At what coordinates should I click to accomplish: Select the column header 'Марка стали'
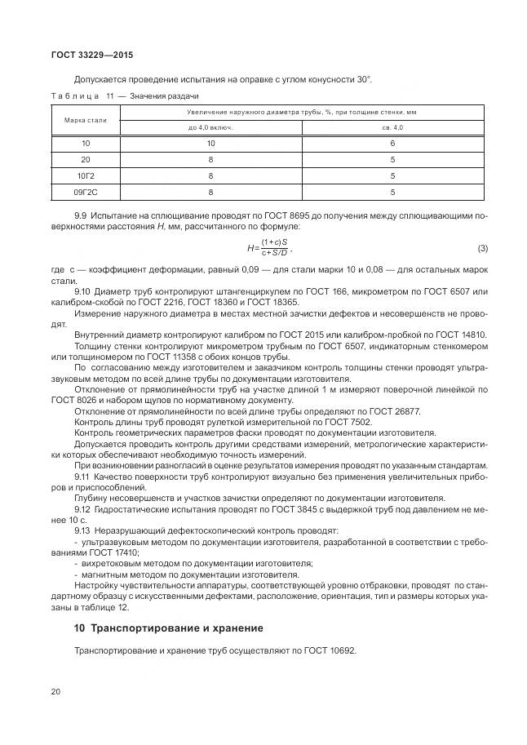[x=86, y=120]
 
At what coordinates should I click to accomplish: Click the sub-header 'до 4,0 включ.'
[x=210, y=128]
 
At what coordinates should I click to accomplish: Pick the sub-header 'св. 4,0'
[x=393, y=128]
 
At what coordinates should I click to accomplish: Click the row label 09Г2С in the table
[x=86, y=192]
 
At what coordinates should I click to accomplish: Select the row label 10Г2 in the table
[x=86, y=175]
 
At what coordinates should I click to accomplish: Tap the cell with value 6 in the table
[x=393, y=143]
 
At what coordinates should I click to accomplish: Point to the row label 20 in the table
[x=86, y=159]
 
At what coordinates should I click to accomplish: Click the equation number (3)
[x=482, y=247]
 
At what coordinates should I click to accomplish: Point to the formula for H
[x=270, y=248]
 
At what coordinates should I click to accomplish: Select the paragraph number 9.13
[x=83, y=529]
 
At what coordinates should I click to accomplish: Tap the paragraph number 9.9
[x=81, y=215]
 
